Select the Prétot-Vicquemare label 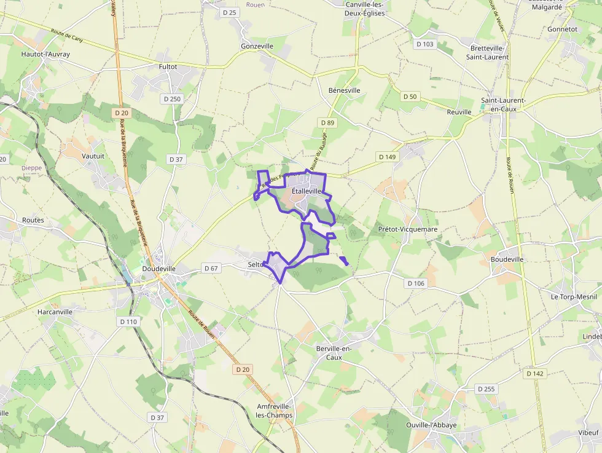pos(408,229)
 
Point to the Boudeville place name pos(507,259)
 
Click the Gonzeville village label pos(257,46)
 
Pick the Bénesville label pos(345,90)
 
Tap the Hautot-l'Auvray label pos(45,54)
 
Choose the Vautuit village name pos(93,156)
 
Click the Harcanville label pos(55,312)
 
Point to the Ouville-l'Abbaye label pos(431,425)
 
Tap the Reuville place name pos(459,112)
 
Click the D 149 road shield pos(388,157)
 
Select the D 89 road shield pos(327,123)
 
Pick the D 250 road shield pos(172,99)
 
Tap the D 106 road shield pos(416,283)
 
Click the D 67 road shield pos(211,269)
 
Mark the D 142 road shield pos(535,374)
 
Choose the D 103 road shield pos(424,44)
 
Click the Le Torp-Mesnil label pos(574,296)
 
